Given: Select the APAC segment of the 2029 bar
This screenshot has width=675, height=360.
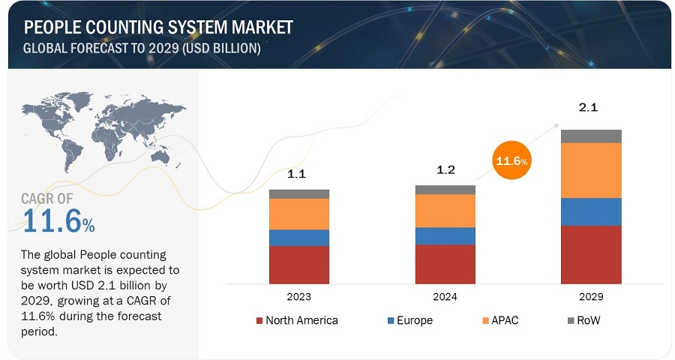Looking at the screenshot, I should coord(591,170).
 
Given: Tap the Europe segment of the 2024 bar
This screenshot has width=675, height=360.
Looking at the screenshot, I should coord(445,235).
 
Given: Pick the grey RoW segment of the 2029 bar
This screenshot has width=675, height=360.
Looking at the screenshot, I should coord(591,136).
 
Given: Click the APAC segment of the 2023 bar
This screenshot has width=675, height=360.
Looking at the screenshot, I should coord(299,214).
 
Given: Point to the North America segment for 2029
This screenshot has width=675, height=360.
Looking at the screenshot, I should coord(591,255).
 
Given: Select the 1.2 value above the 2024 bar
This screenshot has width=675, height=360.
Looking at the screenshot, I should coord(445,169).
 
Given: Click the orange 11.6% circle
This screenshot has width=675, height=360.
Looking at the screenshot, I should coord(510,160).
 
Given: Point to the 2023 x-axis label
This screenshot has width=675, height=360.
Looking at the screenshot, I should coord(299,297).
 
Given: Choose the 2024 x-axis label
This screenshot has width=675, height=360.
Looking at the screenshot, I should coord(445,297).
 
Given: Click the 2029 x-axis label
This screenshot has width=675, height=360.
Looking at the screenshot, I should coord(591,297).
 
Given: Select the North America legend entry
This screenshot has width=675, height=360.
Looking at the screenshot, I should coord(297,320).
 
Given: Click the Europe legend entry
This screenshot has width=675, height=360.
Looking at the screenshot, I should coord(409,320).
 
